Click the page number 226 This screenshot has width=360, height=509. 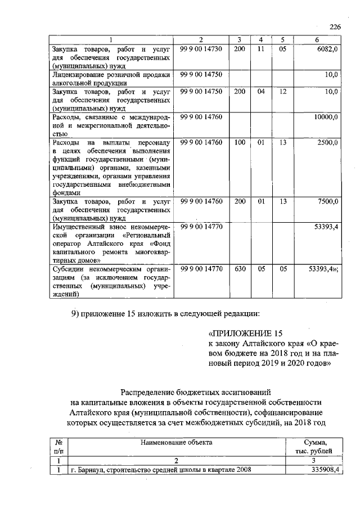click(x=335, y=27)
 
